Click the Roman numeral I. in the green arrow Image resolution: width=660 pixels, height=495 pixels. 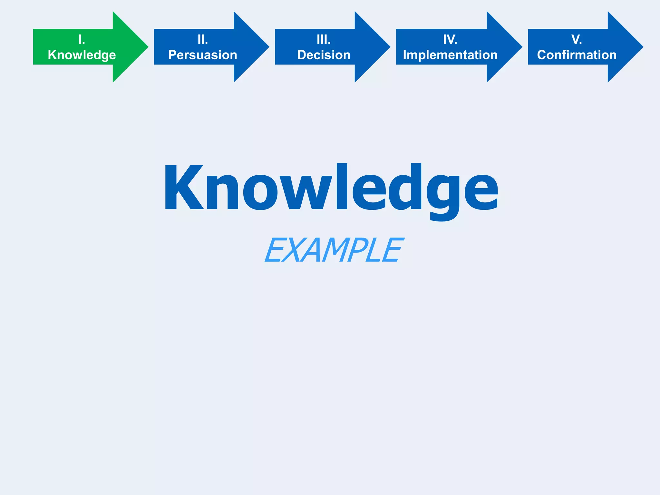(x=82, y=40)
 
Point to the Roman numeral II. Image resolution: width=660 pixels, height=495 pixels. (x=203, y=40)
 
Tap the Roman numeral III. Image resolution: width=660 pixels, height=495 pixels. (x=324, y=40)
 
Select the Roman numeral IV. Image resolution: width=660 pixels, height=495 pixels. (x=450, y=40)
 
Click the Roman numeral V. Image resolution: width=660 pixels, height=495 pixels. (x=577, y=40)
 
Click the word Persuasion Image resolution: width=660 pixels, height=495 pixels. (x=203, y=55)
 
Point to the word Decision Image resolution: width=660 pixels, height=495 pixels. (x=324, y=55)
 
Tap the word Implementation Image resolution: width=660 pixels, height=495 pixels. (x=450, y=55)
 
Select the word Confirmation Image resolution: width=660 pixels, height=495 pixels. (x=577, y=55)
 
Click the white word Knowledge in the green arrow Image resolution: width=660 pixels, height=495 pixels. (x=82, y=55)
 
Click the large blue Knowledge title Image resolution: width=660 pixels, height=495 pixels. (x=331, y=189)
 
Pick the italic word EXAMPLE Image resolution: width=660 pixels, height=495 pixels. (x=334, y=250)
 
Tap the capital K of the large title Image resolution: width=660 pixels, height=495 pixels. (x=184, y=188)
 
